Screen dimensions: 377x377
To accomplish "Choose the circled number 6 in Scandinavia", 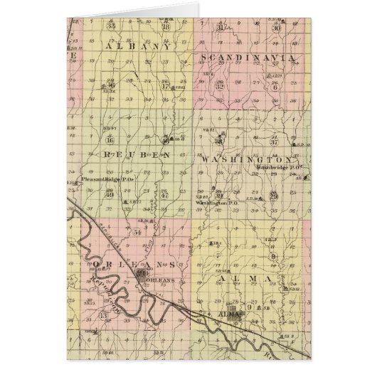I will point(274,87).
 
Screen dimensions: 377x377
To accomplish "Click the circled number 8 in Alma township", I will point(273,255).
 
